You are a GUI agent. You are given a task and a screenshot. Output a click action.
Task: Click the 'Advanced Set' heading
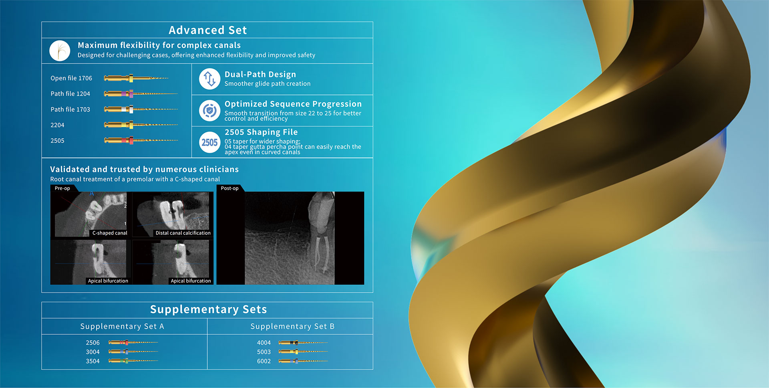pyautogui.click(x=207, y=30)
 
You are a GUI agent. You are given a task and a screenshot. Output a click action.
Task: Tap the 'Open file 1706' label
pyautogui.click(x=71, y=78)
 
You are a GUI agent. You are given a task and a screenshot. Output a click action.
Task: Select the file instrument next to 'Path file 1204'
pyautogui.click(x=141, y=94)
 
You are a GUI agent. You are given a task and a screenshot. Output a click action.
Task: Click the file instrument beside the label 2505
pyautogui.click(x=141, y=140)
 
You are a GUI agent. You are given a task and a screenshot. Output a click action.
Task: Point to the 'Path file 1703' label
pyautogui.click(x=70, y=109)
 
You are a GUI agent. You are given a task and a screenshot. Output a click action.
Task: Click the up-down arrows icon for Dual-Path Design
pyautogui.click(x=209, y=79)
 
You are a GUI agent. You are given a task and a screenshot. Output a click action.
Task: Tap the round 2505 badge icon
pyautogui.click(x=209, y=142)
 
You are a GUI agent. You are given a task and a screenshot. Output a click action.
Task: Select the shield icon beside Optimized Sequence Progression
pyautogui.click(x=209, y=111)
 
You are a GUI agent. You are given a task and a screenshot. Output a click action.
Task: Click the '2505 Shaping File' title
pyautogui.click(x=261, y=132)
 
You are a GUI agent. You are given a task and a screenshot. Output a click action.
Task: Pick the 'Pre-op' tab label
pyautogui.click(x=62, y=188)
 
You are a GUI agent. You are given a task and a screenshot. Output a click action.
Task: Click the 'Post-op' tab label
pyautogui.click(x=229, y=188)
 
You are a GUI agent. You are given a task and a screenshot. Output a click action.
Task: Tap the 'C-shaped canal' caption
pyautogui.click(x=110, y=233)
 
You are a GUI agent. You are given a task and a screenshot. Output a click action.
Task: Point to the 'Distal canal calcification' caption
pyautogui.click(x=183, y=233)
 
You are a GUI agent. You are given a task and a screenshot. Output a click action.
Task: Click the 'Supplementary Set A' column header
pyautogui.click(x=122, y=326)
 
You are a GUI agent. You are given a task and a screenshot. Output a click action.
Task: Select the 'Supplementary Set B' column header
pyautogui.click(x=292, y=326)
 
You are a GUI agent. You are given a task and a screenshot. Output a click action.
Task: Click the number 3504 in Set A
pyautogui.click(x=93, y=361)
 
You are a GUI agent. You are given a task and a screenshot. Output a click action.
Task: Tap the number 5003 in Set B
pyautogui.click(x=264, y=352)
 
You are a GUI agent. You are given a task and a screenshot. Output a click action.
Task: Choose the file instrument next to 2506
pyautogui.click(x=133, y=343)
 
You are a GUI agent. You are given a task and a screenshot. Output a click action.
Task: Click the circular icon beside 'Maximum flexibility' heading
pyautogui.click(x=60, y=51)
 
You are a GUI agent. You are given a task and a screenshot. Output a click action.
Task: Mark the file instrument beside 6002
pyautogui.click(x=303, y=361)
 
